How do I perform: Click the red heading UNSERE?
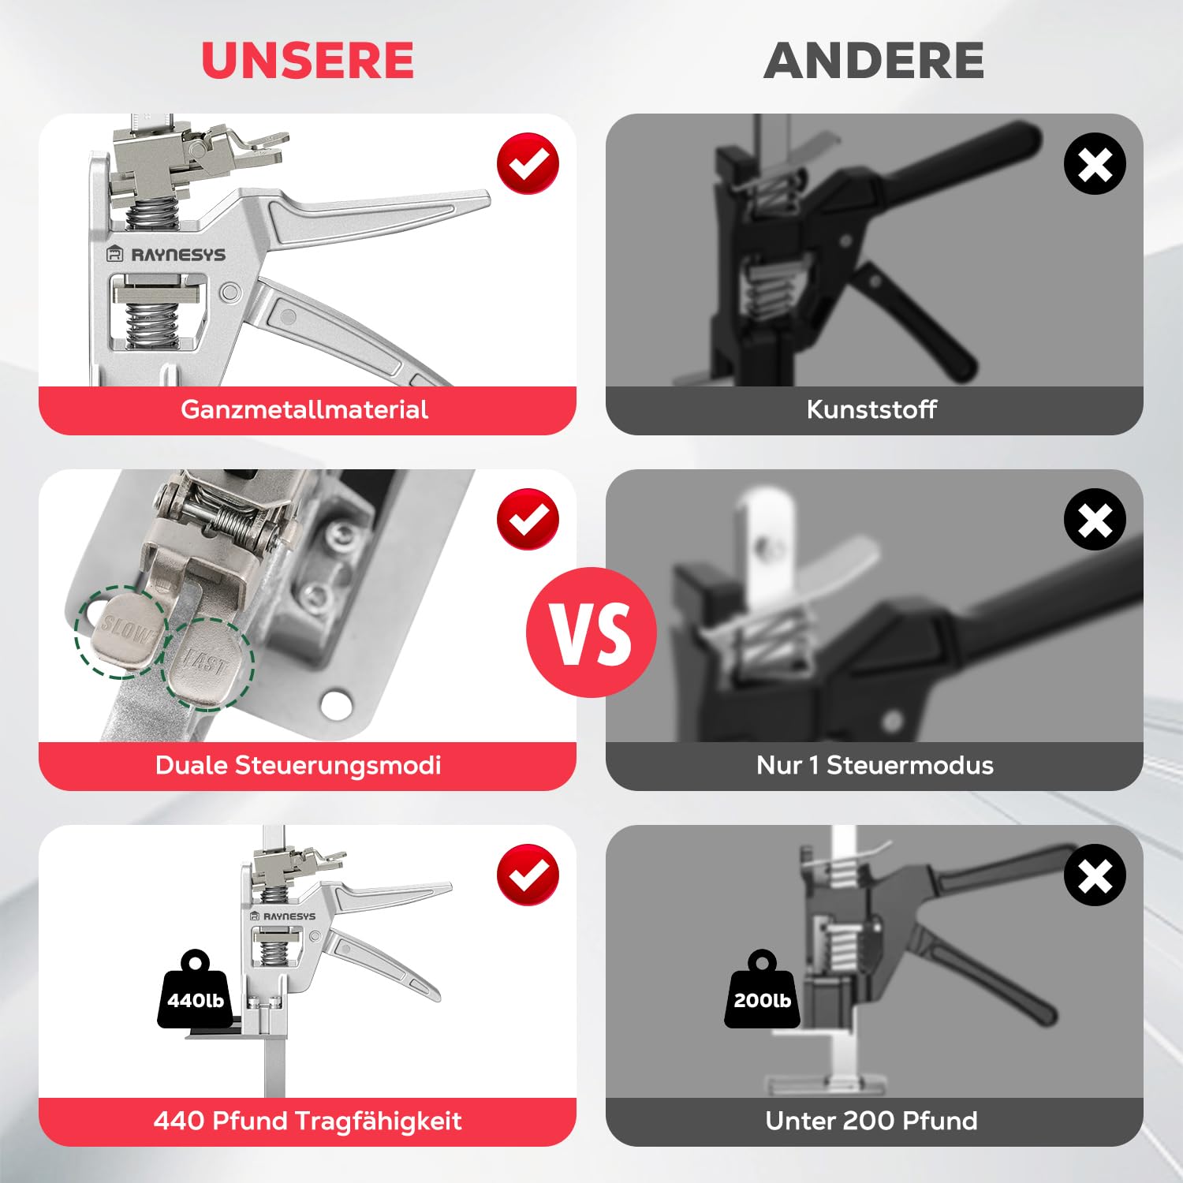pyautogui.click(x=308, y=61)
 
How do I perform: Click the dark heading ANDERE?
pyautogui.click(x=874, y=61)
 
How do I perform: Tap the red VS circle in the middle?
pyautogui.click(x=591, y=633)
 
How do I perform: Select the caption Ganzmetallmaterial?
pyautogui.click(x=304, y=409)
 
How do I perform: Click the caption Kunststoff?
pyautogui.click(x=871, y=409)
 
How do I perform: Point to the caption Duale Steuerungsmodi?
pyautogui.click(x=298, y=765)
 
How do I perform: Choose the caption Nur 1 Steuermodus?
pyautogui.click(x=875, y=765)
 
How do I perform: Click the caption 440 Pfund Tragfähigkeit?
pyautogui.click(x=308, y=1121)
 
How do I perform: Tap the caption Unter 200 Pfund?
pyautogui.click(x=871, y=1121)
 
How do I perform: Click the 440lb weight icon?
pyautogui.click(x=195, y=990)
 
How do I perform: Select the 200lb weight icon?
pyautogui.click(x=762, y=990)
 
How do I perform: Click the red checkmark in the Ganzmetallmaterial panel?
pyautogui.click(x=528, y=163)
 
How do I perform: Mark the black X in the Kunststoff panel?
pyautogui.click(x=1095, y=164)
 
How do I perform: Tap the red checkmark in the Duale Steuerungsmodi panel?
pyautogui.click(x=528, y=519)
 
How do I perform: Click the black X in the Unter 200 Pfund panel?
pyautogui.click(x=1095, y=875)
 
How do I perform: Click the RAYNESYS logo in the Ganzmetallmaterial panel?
pyautogui.click(x=166, y=255)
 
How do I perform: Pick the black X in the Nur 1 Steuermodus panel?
pyautogui.click(x=1095, y=520)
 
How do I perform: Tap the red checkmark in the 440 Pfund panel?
pyautogui.click(x=528, y=875)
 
